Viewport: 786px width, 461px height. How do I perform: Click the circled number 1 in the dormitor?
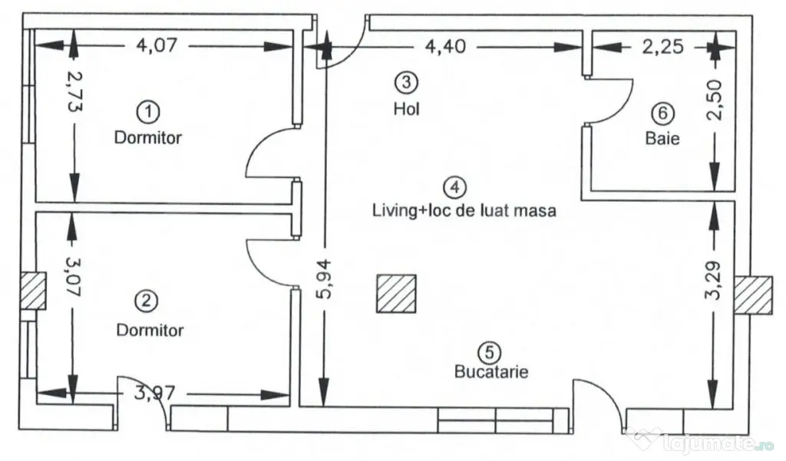[x=148, y=112]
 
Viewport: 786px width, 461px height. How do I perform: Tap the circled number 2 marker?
[x=147, y=301]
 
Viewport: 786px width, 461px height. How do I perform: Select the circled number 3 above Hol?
[x=406, y=82]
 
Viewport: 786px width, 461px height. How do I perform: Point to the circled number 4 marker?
[x=454, y=187]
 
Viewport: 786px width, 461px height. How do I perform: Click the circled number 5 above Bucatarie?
[x=489, y=352]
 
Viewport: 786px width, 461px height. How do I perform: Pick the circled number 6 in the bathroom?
[x=662, y=114]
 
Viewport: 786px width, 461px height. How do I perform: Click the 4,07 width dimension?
[x=157, y=45]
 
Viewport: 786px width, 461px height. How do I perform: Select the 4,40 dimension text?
[x=445, y=47]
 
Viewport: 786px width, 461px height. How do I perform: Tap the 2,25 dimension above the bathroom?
[x=662, y=47]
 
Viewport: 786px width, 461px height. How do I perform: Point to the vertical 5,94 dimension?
[x=325, y=279]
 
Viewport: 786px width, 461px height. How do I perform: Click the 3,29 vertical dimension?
[x=713, y=280]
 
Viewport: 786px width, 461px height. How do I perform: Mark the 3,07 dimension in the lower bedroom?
[x=73, y=277]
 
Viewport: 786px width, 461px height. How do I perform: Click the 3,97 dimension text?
[x=155, y=393]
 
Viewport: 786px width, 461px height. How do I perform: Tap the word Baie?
[x=662, y=138]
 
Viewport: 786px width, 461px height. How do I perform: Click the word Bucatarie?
[x=491, y=372]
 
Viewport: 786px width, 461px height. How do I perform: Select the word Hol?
[x=407, y=109]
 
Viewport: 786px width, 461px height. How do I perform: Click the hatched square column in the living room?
[x=397, y=294]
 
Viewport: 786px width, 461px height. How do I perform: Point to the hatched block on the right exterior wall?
[x=754, y=295]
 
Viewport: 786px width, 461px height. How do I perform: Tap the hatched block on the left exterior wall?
[x=35, y=291]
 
